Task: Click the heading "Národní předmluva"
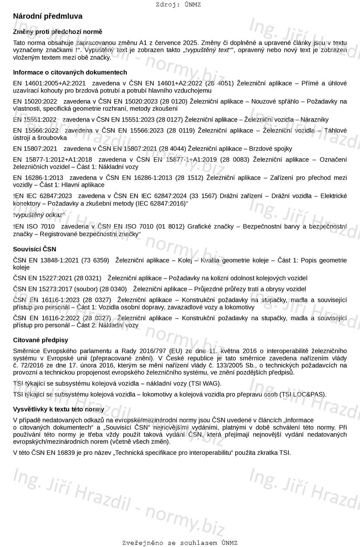[x=47, y=16]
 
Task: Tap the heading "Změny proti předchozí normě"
[x=57, y=32]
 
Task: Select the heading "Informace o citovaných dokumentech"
[x=70, y=72]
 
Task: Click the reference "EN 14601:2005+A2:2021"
[x=49, y=83]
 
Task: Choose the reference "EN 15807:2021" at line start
[x=35, y=149]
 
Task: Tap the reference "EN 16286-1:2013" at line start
[x=38, y=178]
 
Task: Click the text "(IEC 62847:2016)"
[x=160, y=203]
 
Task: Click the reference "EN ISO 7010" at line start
[x=35, y=226]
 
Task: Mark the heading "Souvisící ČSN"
[x=34, y=249]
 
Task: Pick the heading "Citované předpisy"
[x=41, y=340]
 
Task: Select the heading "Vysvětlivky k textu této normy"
[x=59, y=409]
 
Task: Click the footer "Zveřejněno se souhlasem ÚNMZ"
[x=180, y=543]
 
